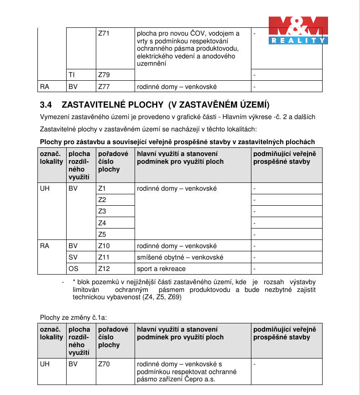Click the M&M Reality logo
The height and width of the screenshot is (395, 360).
coord(298,30)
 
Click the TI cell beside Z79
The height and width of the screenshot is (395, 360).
coord(72,74)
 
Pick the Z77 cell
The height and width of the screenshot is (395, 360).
coord(104,86)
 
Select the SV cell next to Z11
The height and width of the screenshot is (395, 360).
coord(73,257)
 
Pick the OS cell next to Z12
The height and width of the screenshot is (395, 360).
coord(73,269)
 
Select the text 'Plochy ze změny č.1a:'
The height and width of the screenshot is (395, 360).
coord(73,317)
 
